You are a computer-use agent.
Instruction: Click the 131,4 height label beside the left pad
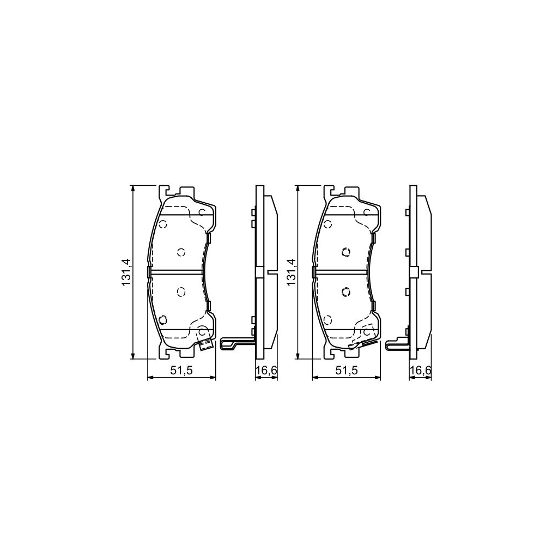tap(126, 272)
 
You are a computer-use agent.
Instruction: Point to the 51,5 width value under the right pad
tap(345, 371)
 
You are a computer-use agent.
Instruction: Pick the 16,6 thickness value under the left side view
tap(267, 371)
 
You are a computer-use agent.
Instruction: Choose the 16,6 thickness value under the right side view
tap(420, 371)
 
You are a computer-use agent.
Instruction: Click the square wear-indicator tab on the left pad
tap(205, 344)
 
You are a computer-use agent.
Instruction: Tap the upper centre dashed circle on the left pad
tap(181, 251)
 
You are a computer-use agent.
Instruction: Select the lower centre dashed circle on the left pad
tap(181, 292)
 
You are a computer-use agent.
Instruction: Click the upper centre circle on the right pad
tap(345, 251)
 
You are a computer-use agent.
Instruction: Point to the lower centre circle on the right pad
tap(345, 292)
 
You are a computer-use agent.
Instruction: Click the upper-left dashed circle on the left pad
tap(162, 224)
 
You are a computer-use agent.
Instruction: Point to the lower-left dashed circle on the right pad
tap(327, 319)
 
